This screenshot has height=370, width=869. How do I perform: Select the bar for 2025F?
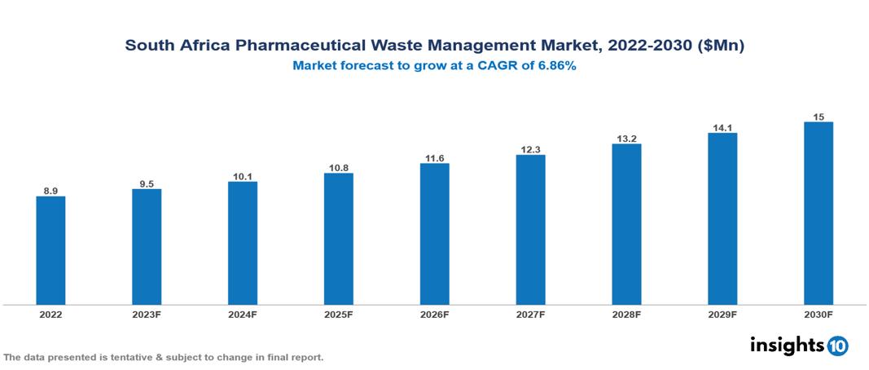coord(339,239)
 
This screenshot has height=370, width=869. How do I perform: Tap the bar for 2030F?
coord(819,214)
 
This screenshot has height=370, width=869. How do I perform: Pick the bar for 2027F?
coord(530,230)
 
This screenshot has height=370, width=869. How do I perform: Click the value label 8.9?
coord(50,191)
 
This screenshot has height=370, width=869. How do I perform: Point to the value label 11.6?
coord(435,157)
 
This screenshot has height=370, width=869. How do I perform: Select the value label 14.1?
coord(722,127)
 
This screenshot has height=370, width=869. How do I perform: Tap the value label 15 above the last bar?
coord(819,117)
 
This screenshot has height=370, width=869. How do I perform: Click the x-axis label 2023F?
coord(147,314)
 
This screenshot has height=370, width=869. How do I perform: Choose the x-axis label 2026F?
coord(435,314)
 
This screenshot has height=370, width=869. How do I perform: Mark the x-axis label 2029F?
coord(722,314)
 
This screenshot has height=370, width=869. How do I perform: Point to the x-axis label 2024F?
coord(243,314)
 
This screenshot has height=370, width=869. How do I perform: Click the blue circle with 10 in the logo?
coord(837,346)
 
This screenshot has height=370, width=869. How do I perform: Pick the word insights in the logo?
coord(787,345)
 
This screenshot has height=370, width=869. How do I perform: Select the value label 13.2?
coord(626,138)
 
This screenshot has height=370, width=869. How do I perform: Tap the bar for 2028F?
coord(626,224)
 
